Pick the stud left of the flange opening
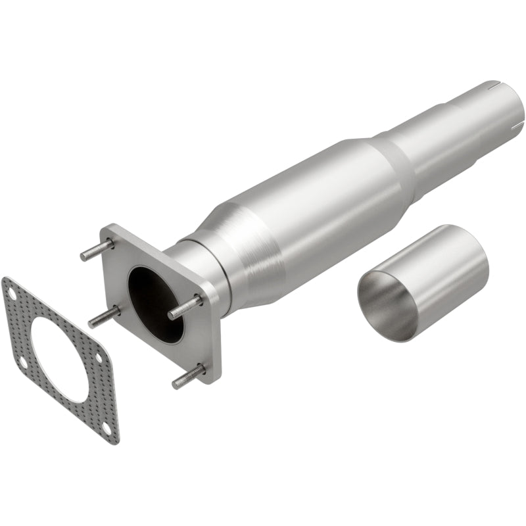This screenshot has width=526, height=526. pos(104,316)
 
